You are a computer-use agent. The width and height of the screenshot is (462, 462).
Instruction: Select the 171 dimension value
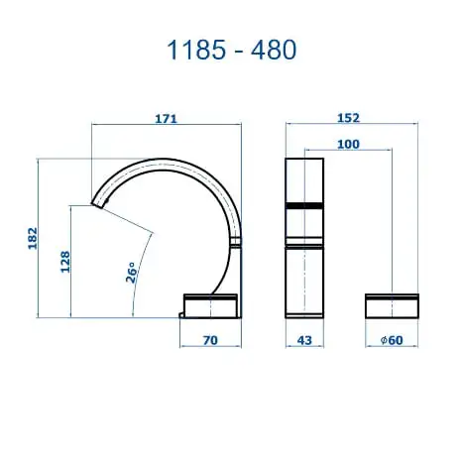click(x=167, y=119)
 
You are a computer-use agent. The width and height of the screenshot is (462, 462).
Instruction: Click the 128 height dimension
click(x=65, y=261)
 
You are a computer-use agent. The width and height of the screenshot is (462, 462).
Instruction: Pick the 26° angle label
click(x=131, y=273)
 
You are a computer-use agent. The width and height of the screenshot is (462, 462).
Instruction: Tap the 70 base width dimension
click(x=209, y=340)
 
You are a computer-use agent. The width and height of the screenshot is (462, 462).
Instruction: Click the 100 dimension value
click(x=347, y=145)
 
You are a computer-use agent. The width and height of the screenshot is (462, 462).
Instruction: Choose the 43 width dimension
click(x=304, y=340)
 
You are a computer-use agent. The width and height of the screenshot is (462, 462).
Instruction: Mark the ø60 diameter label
click(x=392, y=340)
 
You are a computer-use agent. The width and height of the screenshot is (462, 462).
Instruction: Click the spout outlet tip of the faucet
click(x=98, y=204)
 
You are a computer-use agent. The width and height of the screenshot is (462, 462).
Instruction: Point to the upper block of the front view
click(x=304, y=178)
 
